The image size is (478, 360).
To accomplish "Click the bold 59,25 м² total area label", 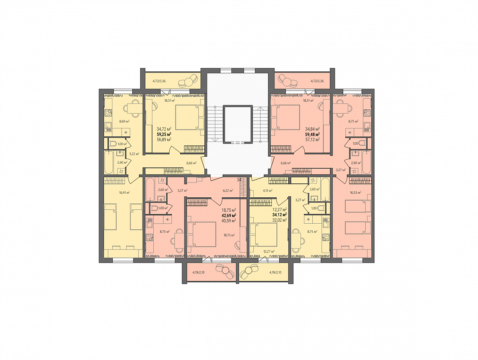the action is coord(164,134).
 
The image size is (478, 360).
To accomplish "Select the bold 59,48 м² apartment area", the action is coord(313,134).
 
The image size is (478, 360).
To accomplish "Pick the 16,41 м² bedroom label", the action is coord(124,193).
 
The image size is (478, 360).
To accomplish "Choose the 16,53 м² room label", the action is coord(356,193).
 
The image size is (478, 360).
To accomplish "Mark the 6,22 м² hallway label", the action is coord(228,190).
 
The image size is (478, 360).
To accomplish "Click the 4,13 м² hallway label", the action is coord(268,190).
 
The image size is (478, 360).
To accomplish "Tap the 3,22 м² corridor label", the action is coord(134,153).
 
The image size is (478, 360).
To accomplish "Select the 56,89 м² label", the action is coord(164,139).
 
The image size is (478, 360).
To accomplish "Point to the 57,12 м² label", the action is coord(313,139).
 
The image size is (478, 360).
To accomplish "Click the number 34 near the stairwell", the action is coord(239,180).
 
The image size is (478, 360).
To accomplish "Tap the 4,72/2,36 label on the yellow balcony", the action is coord(159,81).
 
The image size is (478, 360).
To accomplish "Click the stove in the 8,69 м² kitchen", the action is coord(108,113).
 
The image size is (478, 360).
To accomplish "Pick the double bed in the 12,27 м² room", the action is coord(264,235).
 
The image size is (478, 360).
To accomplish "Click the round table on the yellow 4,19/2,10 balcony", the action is coord(248,271).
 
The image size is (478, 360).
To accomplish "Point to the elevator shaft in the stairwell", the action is coord(238,124).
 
